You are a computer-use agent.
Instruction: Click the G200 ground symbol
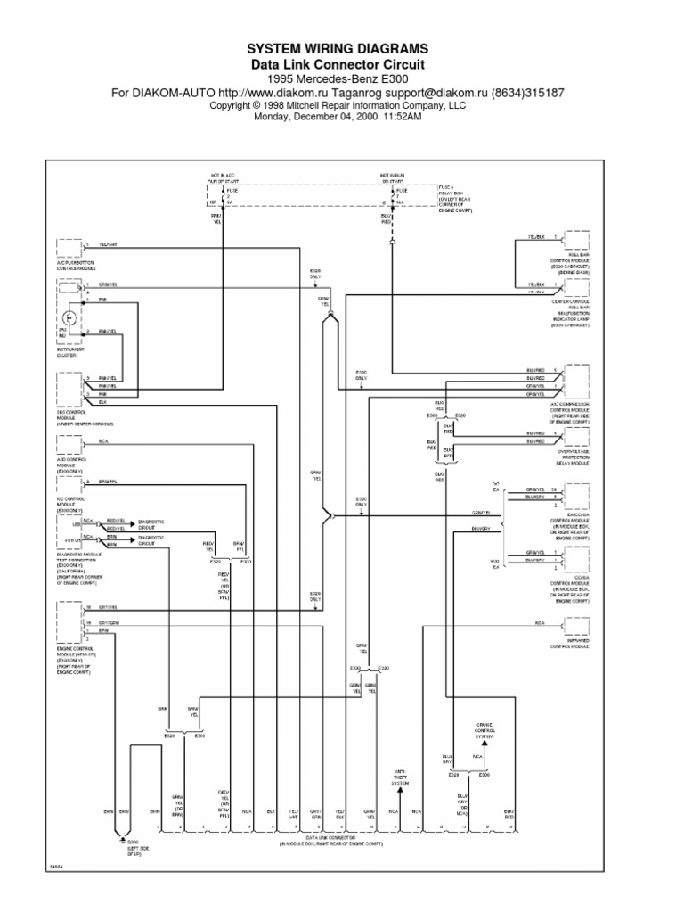pos(120,840)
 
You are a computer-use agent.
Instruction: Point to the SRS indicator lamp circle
pos(69,318)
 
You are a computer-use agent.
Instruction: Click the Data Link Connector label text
pos(332,840)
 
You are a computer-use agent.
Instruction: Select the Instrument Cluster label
pos(71,353)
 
